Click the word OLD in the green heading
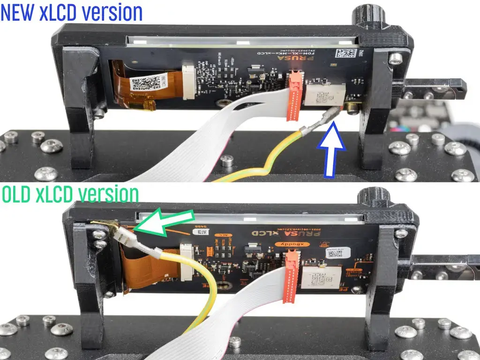[x=17, y=194]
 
